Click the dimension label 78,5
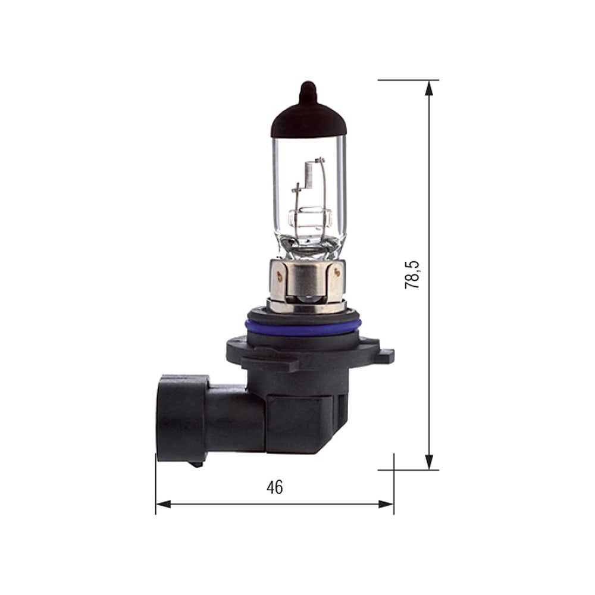pos(412,274)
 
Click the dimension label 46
pos(274,487)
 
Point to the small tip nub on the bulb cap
pos(307,89)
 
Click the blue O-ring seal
pos(302,327)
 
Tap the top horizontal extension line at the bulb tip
pos(408,80)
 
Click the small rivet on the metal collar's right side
pos(337,273)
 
